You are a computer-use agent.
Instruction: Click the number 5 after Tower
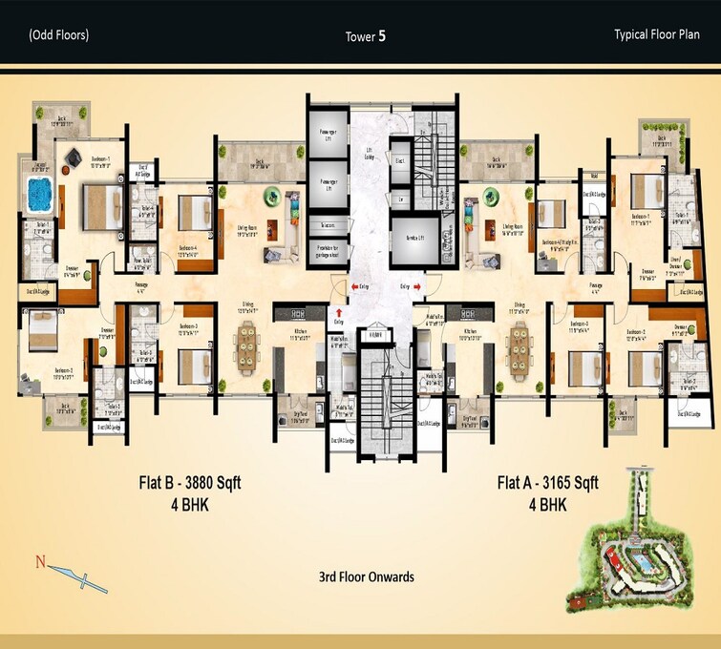click(x=382, y=36)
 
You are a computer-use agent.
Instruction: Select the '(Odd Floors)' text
click(x=58, y=35)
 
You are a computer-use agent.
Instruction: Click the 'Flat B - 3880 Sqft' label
click(x=189, y=484)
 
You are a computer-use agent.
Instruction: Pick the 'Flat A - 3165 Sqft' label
click(x=547, y=484)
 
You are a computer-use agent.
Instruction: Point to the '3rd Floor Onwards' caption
click(x=366, y=577)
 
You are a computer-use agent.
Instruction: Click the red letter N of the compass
click(x=40, y=562)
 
